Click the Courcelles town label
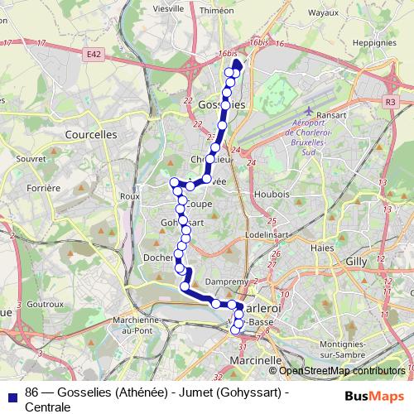pos(91,132)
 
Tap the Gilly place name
pos(355,260)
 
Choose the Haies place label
pos(320,247)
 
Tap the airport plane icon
pos(309,113)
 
